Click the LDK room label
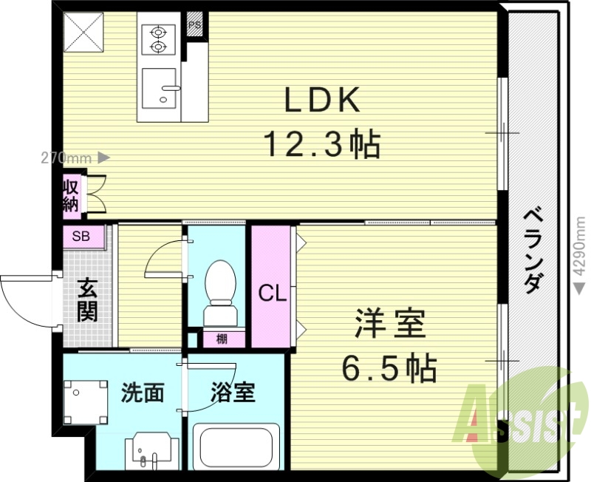322,100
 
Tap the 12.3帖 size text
323,143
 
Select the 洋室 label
390,323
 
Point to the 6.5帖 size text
389,367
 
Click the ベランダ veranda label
534,252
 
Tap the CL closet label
273,293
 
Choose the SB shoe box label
81,236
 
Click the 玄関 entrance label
88,300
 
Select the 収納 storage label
71,196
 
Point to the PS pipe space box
195,24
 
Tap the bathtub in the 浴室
236,447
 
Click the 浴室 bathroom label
233,393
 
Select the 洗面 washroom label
143,393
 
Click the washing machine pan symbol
86,402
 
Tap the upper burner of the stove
159,33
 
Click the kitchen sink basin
159,88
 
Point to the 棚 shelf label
222,339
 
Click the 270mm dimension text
66,158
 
